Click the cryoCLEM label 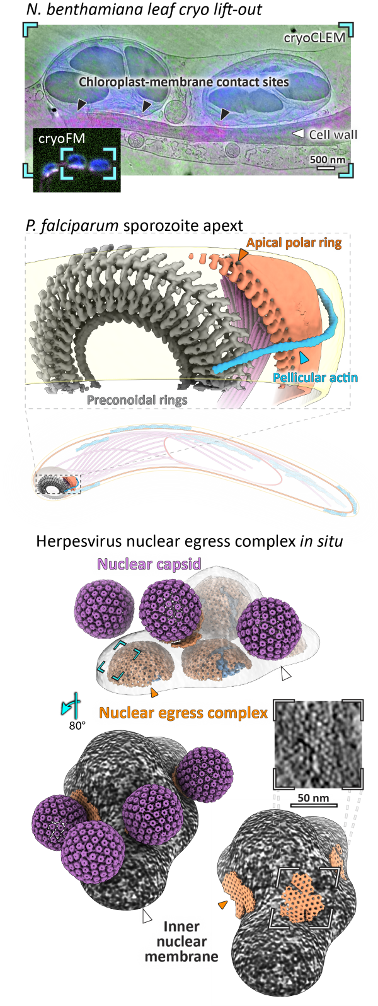[x=314, y=37]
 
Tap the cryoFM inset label [x=62, y=138]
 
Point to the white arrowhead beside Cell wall [x=299, y=133]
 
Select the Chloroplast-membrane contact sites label [x=184, y=82]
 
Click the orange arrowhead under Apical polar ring [x=243, y=255]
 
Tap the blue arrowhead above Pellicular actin [x=304, y=358]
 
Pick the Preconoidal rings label [x=137, y=400]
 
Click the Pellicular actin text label [x=315, y=378]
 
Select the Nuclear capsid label [x=149, y=564]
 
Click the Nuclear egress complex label [x=183, y=712]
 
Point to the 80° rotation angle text [x=77, y=725]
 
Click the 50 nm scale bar [x=314, y=805]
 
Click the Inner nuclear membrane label [x=181, y=941]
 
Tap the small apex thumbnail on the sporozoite [x=59, y=484]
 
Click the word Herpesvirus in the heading [x=77, y=541]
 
